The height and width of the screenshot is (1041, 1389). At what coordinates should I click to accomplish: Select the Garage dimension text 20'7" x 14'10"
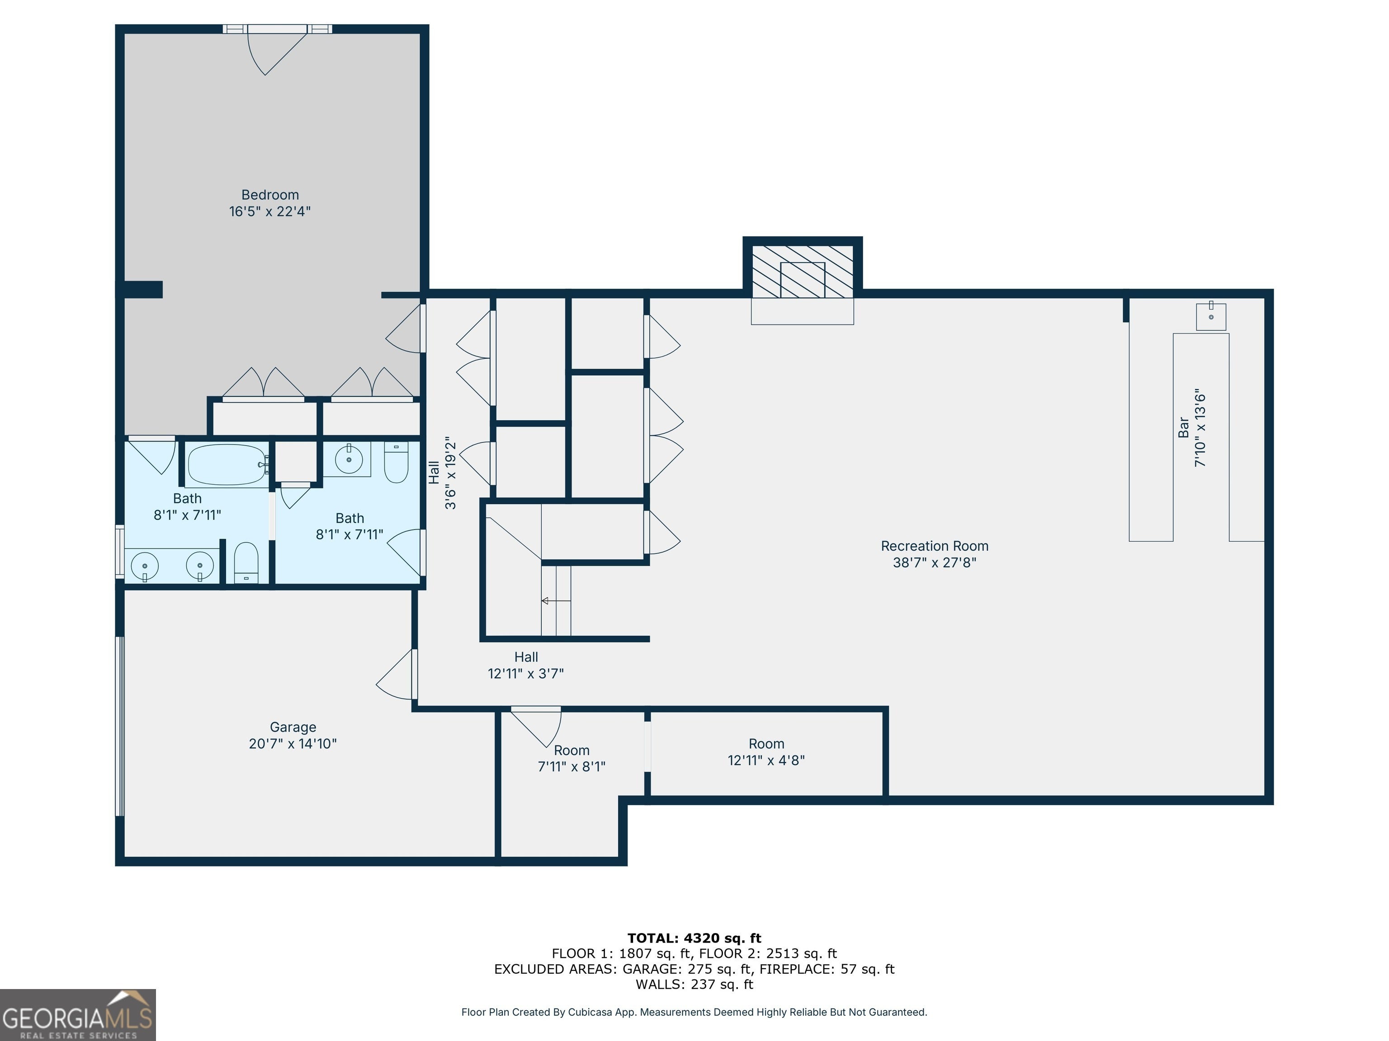[x=293, y=744]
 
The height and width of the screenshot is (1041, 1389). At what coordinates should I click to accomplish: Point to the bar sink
[x=1211, y=316]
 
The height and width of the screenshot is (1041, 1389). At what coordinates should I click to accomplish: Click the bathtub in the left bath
[x=227, y=464]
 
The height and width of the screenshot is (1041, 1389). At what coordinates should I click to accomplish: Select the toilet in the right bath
[x=396, y=463]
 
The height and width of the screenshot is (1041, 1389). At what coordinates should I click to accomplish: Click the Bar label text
[x=1184, y=427]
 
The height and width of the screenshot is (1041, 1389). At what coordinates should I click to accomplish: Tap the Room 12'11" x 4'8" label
[x=766, y=752]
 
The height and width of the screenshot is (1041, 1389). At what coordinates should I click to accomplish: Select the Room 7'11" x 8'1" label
[x=572, y=758]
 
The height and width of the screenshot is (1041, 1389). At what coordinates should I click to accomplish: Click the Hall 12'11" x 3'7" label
[x=525, y=665]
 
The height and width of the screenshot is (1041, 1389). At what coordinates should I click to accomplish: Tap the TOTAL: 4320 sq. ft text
[x=694, y=938]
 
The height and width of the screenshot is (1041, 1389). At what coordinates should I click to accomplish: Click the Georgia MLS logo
[x=78, y=1015]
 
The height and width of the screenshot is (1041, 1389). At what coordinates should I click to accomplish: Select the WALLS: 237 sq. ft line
[x=694, y=984]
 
